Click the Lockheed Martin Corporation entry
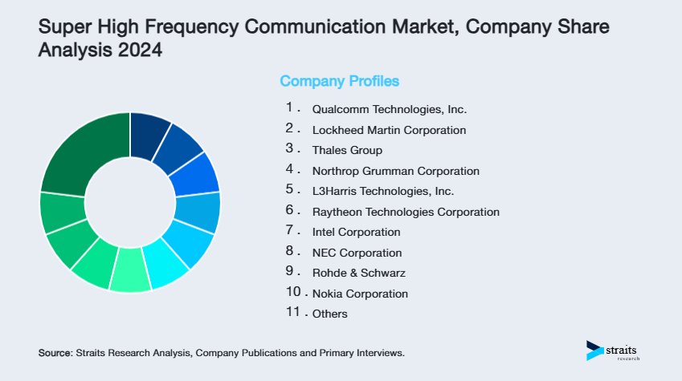tap(389, 130)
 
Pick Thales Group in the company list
tap(347, 150)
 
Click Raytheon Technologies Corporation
tap(406, 212)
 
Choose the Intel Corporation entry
tap(356, 233)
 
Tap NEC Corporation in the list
tap(357, 253)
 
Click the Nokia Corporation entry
tap(360, 294)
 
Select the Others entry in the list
tap(329, 314)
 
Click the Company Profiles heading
tap(339, 81)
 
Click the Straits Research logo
tap(615, 351)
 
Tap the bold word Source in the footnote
tap(55, 353)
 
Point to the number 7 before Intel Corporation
tap(290, 231)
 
